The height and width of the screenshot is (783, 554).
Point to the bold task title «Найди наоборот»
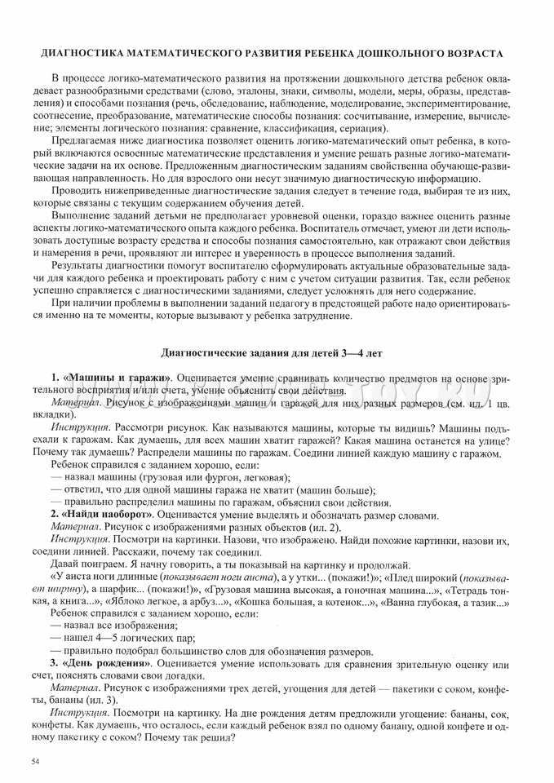coord(106,514)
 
